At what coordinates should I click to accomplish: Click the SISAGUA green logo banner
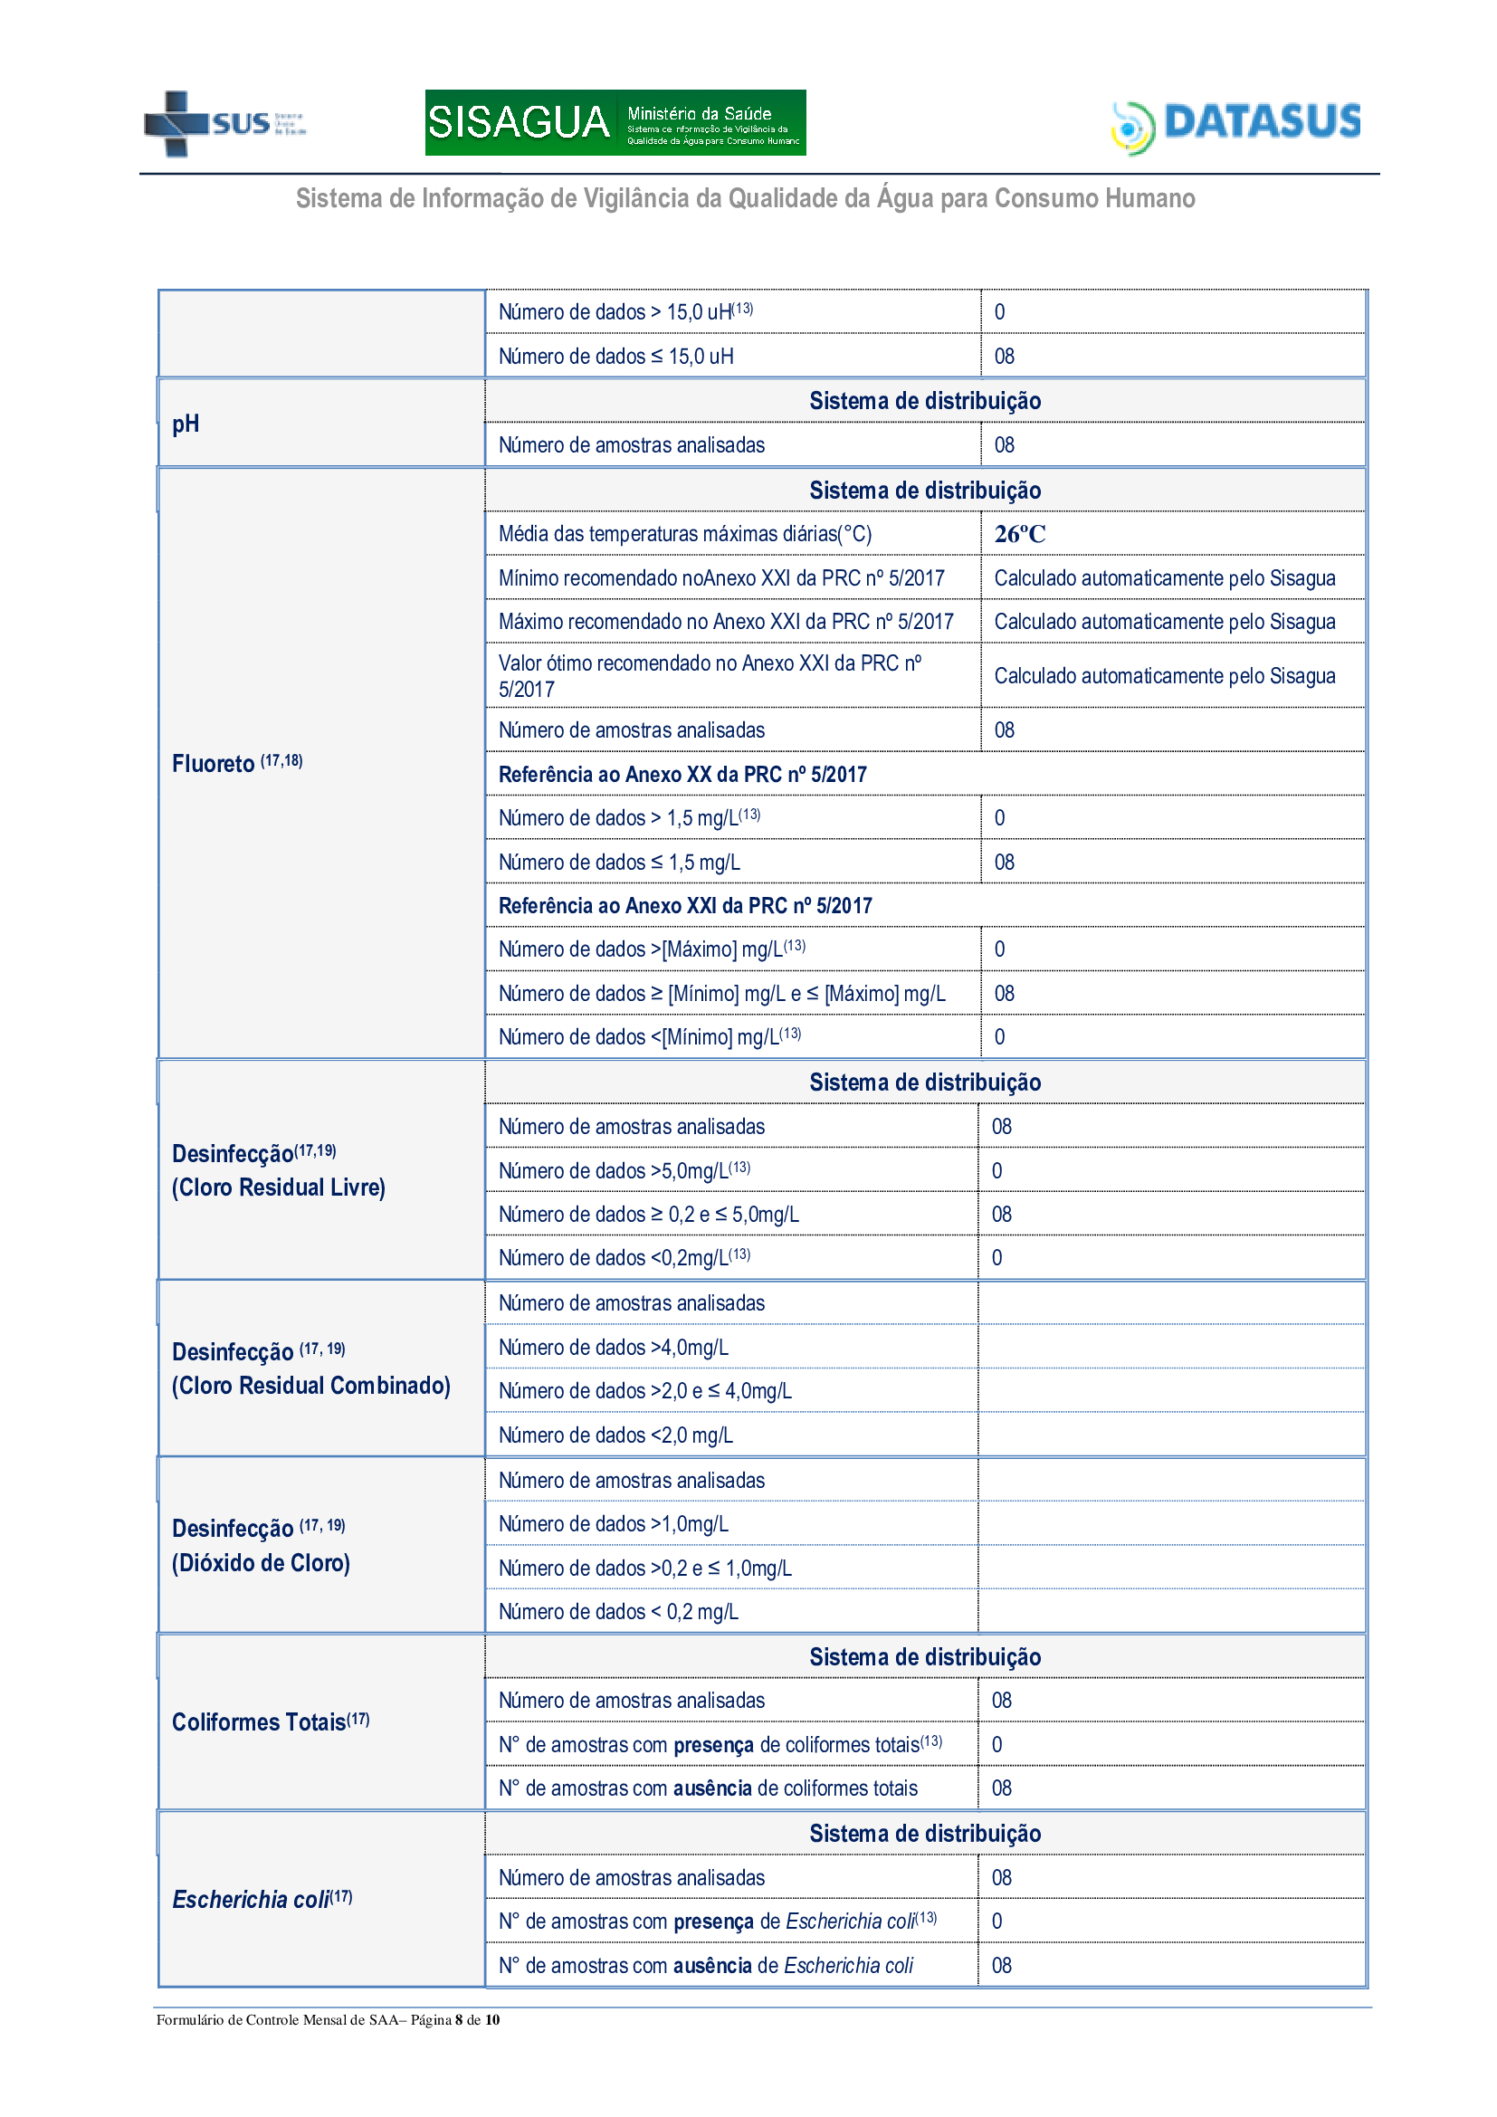pyautogui.click(x=615, y=122)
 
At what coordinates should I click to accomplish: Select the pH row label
pyautogui.click(x=186, y=424)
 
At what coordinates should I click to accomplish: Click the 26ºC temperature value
pyautogui.click(x=1019, y=534)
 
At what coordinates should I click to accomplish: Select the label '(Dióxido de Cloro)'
pyautogui.click(x=261, y=1563)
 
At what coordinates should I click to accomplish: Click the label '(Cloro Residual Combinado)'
pyautogui.click(x=310, y=1386)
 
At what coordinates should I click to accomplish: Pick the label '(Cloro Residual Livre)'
pyautogui.click(x=279, y=1187)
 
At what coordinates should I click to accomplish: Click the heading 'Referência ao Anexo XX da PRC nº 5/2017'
pyautogui.click(x=682, y=775)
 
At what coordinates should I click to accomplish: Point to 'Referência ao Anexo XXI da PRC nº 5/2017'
pyautogui.click(x=685, y=906)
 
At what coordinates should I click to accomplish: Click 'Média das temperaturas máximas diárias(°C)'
pyautogui.click(x=685, y=534)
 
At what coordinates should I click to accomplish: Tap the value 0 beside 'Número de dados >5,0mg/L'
pyautogui.click(x=996, y=1171)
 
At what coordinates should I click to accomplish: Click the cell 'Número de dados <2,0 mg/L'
pyautogui.click(x=615, y=1435)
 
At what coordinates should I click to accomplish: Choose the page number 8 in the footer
pyautogui.click(x=458, y=2019)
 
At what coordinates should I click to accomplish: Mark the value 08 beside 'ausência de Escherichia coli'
pyautogui.click(x=1001, y=1966)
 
